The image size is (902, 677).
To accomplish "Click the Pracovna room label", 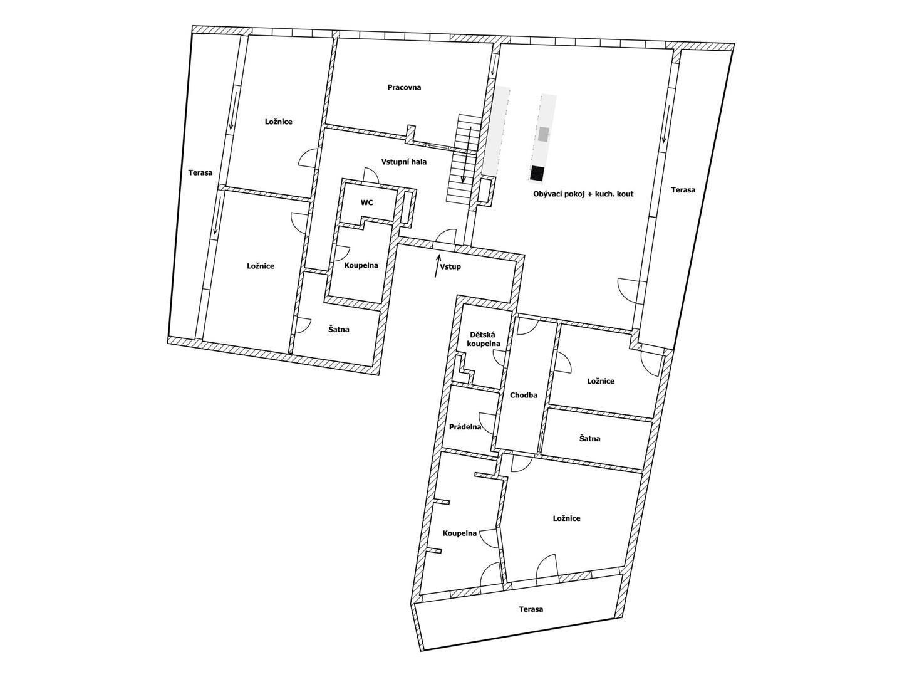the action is [404, 87].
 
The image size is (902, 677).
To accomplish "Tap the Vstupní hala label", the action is [403, 162].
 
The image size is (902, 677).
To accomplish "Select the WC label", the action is [366, 202].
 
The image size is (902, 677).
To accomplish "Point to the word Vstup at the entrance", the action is [450, 267].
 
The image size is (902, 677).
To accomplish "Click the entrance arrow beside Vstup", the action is [438, 266].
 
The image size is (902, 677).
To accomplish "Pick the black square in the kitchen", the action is [537, 173].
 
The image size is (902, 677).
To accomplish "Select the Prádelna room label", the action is [465, 427].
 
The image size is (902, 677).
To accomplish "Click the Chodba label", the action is [524, 395].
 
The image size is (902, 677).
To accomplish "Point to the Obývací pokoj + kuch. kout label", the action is [583, 194].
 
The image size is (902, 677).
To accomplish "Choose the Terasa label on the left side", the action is [200, 172].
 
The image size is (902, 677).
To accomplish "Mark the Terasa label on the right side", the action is [683, 189].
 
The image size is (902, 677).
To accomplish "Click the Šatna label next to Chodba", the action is [589, 439].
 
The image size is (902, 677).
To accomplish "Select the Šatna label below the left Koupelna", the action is [339, 329].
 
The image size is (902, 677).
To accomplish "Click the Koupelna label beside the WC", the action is [361, 265].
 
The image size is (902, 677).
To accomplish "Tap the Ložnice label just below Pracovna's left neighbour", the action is [261, 266].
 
